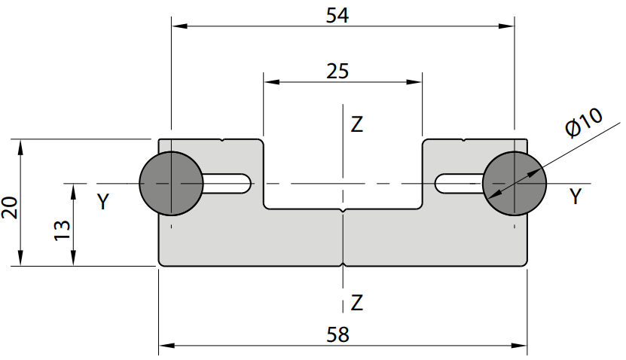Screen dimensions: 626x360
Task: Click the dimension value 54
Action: (337, 16)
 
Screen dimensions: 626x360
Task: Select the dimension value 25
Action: (337, 72)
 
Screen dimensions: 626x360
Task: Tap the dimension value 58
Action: (337, 334)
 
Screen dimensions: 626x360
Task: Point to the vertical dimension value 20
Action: (10, 208)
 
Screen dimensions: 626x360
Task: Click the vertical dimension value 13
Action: (62, 230)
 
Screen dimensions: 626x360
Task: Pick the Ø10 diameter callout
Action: (584, 123)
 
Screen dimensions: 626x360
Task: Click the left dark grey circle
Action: (171, 184)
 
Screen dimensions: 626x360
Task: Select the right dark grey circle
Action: (515, 184)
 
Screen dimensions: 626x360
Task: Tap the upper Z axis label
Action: (356, 124)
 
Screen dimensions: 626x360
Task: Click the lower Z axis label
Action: (356, 303)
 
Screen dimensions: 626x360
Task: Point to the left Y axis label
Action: (103, 202)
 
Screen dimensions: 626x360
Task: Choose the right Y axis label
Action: (576, 197)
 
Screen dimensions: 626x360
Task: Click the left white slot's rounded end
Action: (247, 184)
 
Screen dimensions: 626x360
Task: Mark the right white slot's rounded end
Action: (439, 184)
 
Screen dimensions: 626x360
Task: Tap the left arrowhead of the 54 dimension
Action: (179, 26)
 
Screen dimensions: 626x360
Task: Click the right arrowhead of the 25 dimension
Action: (414, 82)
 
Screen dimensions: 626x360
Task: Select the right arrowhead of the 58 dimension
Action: (519, 346)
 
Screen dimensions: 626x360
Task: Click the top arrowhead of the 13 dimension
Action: (74, 192)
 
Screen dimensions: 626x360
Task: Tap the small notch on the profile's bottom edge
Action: (344, 264)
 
